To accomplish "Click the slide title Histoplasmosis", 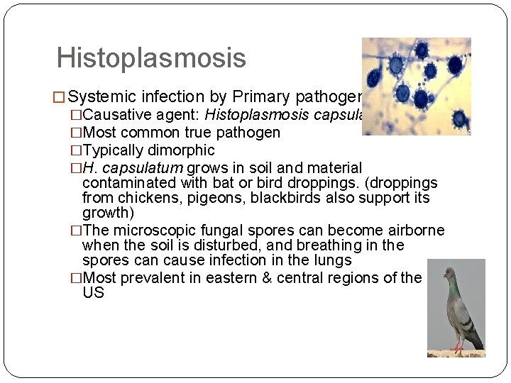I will pyautogui.click(x=150, y=58).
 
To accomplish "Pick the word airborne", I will pyautogui.click(x=410, y=231).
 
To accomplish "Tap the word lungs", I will pyautogui.click(x=331, y=260).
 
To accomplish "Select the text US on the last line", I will pyautogui.click(x=93, y=292).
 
